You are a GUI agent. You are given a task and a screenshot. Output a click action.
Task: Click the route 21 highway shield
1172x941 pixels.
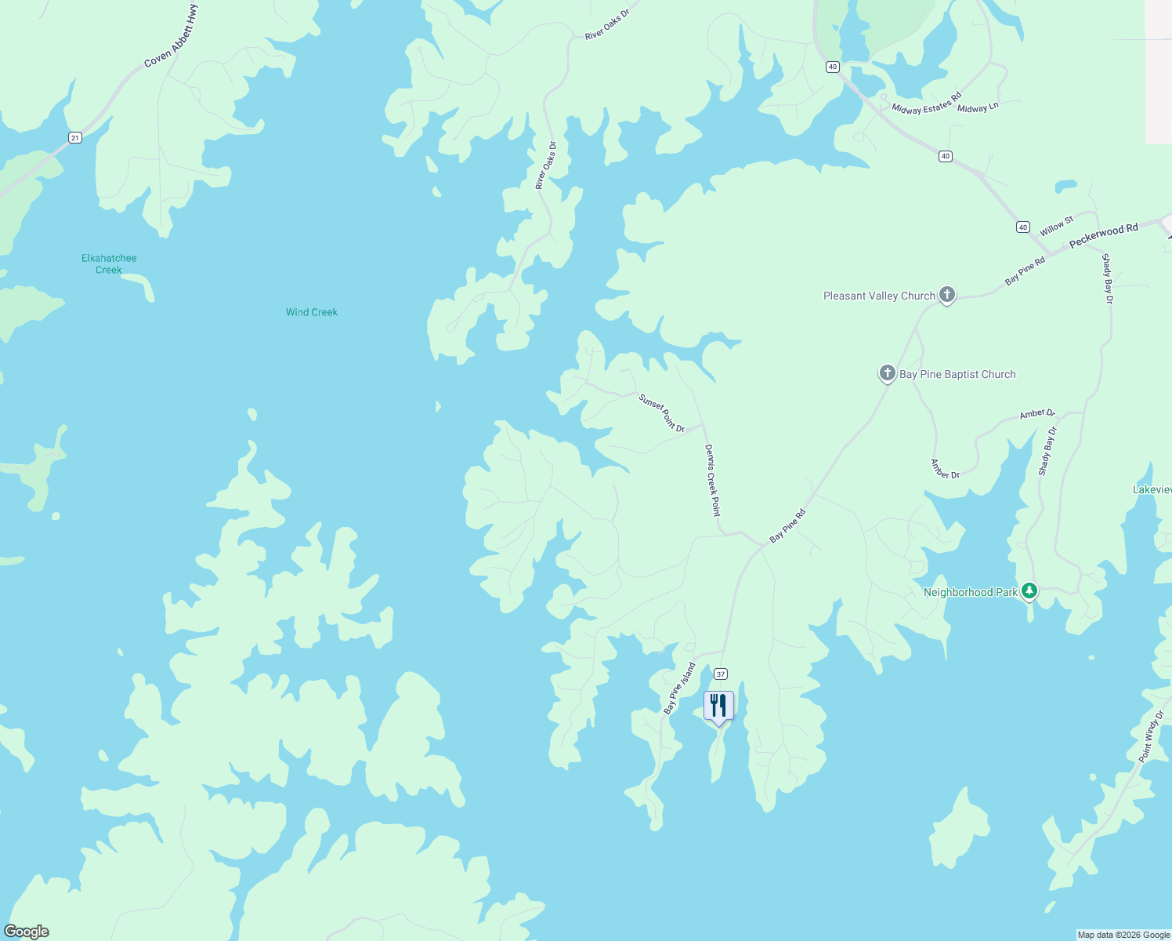[x=74, y=138]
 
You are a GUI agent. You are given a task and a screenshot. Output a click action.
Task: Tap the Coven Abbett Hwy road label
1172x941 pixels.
[x=171, y=36]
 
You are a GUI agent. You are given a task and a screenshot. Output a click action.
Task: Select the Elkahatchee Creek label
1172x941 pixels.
[x=109, y=263]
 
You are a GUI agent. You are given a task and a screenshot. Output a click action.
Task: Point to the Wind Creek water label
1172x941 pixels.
[x=311, y=312]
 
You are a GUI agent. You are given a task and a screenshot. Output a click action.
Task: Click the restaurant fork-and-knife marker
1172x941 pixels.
[x=718, y=705]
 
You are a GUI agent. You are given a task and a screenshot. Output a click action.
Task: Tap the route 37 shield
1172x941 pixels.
[x=721, y=674]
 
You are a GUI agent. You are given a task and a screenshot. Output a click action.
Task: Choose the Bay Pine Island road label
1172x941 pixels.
[x=679, y=688]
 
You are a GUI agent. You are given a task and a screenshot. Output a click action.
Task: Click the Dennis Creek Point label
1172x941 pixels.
[x=712, y=480]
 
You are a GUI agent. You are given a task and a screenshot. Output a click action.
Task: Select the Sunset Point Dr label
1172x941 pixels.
[x=662, y=412]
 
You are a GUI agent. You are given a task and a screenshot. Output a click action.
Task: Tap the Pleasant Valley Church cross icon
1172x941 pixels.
[x=947, y=295]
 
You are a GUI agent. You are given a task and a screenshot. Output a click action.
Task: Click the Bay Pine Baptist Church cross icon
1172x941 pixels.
[x=887, y=373]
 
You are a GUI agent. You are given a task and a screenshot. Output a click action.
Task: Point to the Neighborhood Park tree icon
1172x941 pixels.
[x=1029, y=591]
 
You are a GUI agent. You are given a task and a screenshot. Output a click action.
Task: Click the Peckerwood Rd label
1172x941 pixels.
[x=1103, y=234]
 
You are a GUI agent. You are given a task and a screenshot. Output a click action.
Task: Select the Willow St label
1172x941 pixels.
[x=1057, y=227]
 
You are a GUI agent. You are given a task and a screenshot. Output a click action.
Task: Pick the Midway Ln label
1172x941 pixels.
[x=978, y=108]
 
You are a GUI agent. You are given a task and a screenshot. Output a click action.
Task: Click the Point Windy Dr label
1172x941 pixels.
[x=1151, y=737]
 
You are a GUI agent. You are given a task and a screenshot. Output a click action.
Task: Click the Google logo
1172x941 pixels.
[x=27, y=932]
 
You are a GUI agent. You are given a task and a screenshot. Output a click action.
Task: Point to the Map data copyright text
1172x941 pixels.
[x=1123, y=935]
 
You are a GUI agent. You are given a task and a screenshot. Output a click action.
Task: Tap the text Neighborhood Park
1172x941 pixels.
[x=970, y=592]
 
